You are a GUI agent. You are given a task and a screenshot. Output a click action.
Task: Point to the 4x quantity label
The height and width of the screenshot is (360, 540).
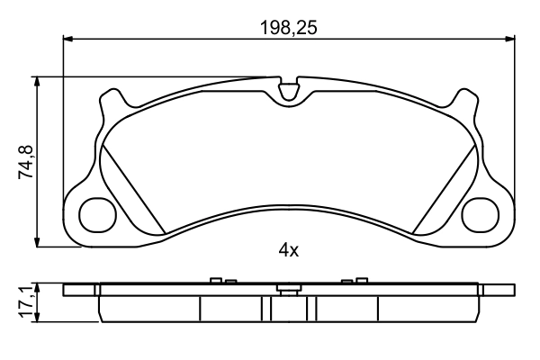coord(288,251)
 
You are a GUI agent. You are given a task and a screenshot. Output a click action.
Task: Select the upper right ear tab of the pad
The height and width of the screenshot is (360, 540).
coord(466,101)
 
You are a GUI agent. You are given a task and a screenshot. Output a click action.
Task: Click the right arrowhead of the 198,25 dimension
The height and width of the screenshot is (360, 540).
coord(510,38)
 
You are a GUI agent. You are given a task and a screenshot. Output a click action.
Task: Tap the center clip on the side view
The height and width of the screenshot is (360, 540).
coord(289,288)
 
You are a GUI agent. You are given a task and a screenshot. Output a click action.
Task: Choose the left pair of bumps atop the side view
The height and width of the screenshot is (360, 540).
coord(221,281)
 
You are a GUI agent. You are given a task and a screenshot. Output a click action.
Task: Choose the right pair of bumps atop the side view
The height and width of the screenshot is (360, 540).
coord(351,282)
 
